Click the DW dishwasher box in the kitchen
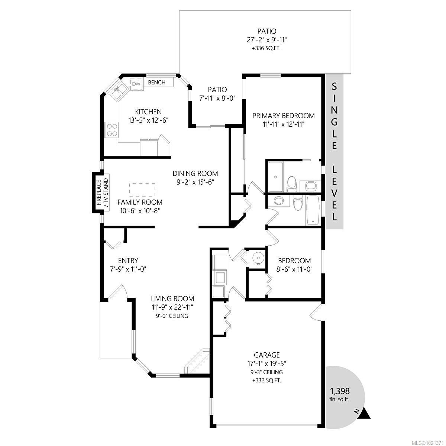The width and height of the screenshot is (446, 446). (137, 84)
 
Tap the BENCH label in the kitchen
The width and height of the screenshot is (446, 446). (156, 83)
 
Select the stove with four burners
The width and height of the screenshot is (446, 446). (111, 130)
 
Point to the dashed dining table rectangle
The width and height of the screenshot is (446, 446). (142, 190)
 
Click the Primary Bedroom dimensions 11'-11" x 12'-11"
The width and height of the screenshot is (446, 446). (283, 124)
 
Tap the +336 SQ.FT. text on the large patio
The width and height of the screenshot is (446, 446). (268, 48)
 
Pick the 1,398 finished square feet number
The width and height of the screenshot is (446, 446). (340, 391)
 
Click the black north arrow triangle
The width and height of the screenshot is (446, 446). (365, 414)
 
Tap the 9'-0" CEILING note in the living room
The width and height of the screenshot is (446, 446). (172, 316)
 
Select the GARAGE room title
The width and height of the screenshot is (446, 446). (267, 355)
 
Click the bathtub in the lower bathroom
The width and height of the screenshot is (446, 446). (312, 210)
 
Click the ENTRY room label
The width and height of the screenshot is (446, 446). (128, 261)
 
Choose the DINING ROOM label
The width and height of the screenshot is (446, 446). (195, 174)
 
